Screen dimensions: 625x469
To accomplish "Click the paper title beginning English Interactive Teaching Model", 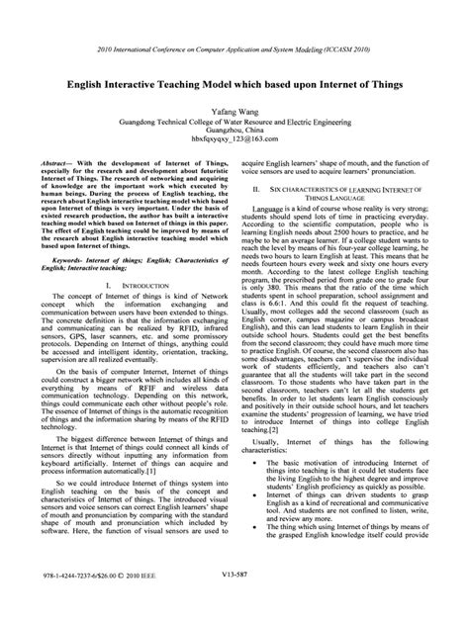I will (x=234, y=84).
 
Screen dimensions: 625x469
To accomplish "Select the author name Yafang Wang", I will (x=234, y=114).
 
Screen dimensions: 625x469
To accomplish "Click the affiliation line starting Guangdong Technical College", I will (x=234, y=126).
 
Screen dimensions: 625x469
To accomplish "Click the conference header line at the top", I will (x=234, y=49).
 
